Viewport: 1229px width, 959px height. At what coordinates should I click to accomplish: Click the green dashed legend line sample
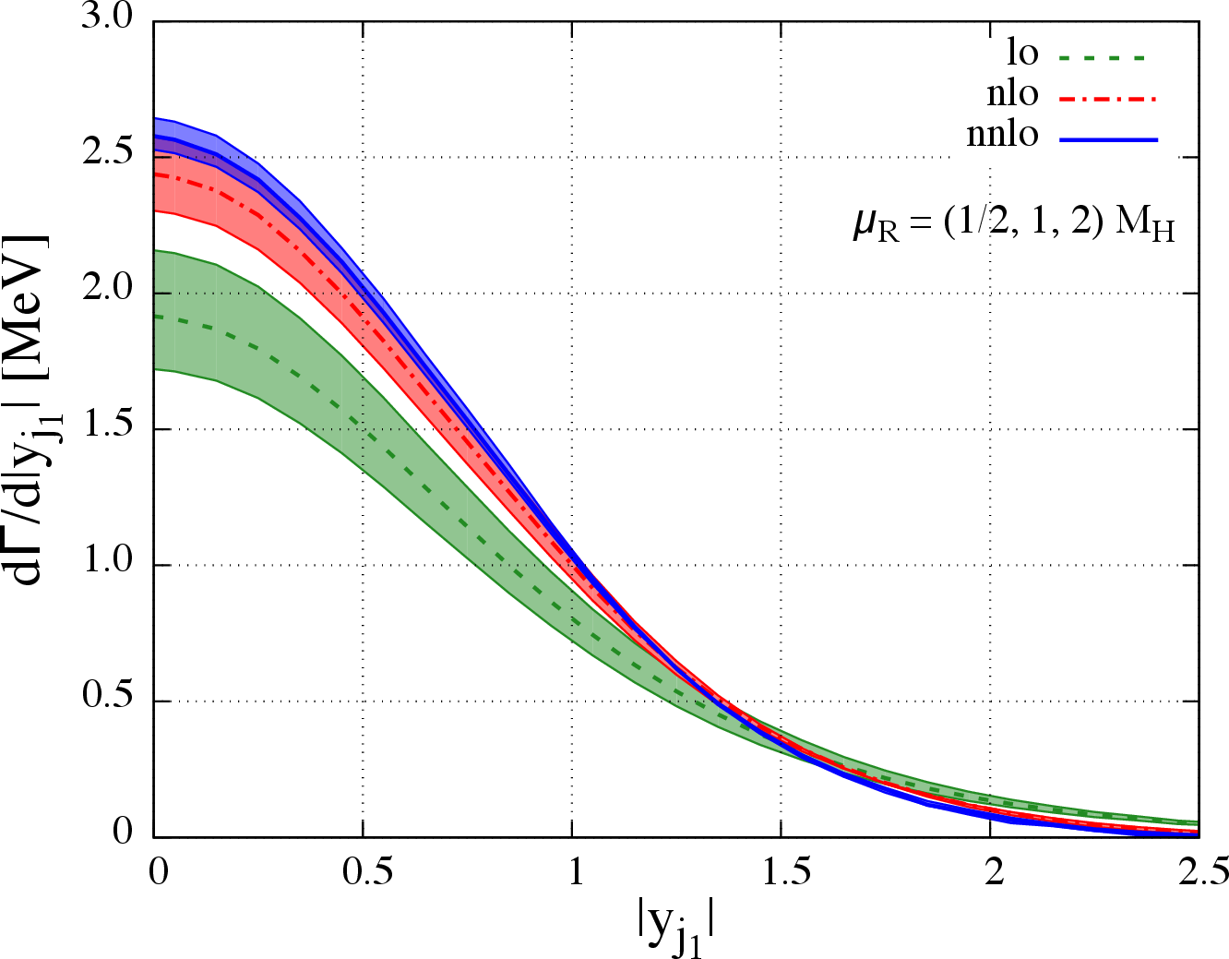point(1102,58)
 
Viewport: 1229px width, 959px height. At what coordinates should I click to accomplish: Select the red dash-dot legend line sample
point(1107,99)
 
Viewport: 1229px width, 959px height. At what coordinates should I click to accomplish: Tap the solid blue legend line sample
point(1108,139)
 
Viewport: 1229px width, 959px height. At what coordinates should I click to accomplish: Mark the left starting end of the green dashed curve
point(157,317)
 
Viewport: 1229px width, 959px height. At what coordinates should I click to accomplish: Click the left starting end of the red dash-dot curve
point(157,174)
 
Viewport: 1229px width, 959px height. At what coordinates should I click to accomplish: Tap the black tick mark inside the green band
point(163,293)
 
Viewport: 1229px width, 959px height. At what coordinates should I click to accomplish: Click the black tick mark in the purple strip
point(162,157)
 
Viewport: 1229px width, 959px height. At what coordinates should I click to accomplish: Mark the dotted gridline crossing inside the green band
point(363,429)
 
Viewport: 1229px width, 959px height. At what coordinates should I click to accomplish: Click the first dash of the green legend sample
point(1065,58)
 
